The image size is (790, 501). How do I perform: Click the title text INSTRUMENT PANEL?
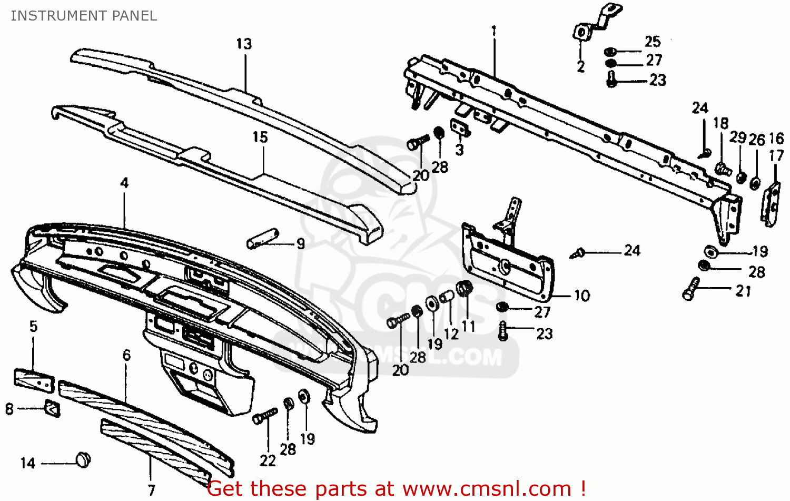84,16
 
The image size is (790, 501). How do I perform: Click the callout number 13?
244,44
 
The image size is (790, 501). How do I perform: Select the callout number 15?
260,137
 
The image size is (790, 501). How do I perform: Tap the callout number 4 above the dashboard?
124,183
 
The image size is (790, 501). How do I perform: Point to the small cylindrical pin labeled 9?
263,238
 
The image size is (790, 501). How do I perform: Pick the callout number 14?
27,463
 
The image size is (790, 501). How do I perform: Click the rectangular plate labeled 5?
34,380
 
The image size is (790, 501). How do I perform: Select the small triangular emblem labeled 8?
53,408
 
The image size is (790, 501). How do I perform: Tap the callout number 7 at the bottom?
152,490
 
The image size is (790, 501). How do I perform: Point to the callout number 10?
581,296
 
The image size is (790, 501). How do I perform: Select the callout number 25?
653,42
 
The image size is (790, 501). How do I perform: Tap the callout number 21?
743,291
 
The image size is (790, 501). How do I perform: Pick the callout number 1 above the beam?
493,32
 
